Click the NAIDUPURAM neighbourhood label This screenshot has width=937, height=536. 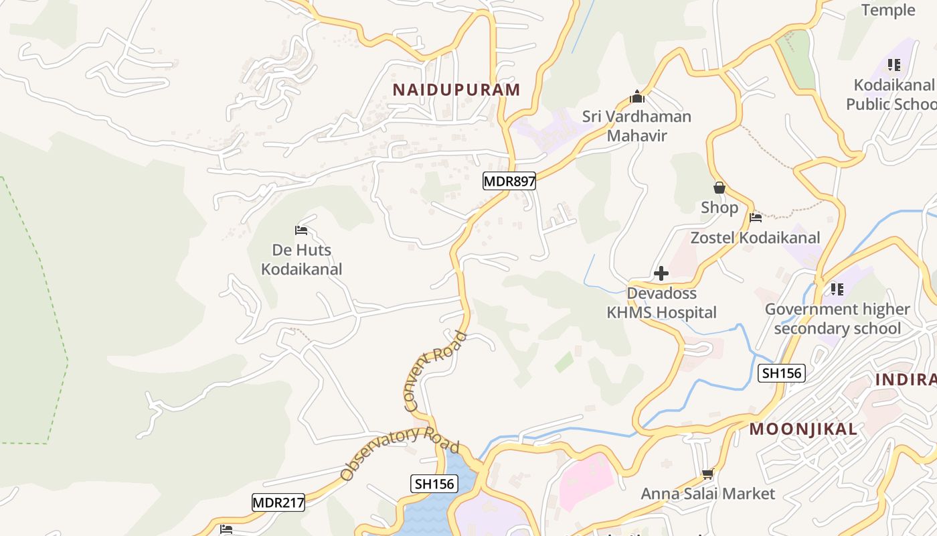coord(456,90)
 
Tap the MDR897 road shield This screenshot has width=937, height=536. coord(509,181)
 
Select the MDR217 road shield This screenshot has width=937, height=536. coord(278,503)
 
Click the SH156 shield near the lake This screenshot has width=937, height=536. coord(434,484)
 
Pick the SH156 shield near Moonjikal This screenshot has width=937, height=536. coord(781,373)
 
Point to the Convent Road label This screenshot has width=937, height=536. coord(435,371)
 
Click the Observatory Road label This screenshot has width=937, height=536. coord(399,452)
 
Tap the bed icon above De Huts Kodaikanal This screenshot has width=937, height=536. coord(301,230)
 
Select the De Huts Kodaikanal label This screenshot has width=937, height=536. coord(301,260)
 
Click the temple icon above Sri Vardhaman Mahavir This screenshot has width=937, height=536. coord(636,97)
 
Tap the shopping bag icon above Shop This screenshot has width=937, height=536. coord(719,188)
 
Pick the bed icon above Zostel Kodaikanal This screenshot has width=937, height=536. coord(756,217)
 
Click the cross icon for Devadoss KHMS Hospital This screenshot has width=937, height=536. coord(661,273)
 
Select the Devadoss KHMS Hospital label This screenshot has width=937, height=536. coord(661,303)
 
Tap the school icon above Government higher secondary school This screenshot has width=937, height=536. coord(837,289)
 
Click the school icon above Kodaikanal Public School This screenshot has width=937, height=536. coord(893,65)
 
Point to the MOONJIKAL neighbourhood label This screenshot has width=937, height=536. coord(802,429)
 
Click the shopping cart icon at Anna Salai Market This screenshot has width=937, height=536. coord(707,474)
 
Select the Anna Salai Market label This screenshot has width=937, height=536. coord(707,494)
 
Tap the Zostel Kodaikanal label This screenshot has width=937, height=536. coord(755,238)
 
